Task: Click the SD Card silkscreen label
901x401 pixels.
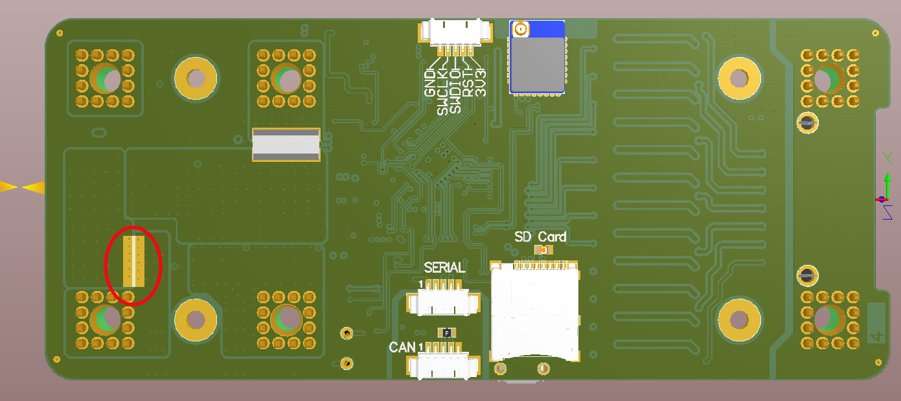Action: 540,237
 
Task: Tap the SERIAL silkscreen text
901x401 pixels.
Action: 444,268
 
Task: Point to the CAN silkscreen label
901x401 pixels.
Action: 402,347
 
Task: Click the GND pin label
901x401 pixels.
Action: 430,83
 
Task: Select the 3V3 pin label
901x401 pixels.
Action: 480,83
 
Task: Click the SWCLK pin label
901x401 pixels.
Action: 442,92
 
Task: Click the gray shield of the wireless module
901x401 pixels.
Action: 537,65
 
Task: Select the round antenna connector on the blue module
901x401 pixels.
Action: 521,29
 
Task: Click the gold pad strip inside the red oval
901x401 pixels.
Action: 133,262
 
